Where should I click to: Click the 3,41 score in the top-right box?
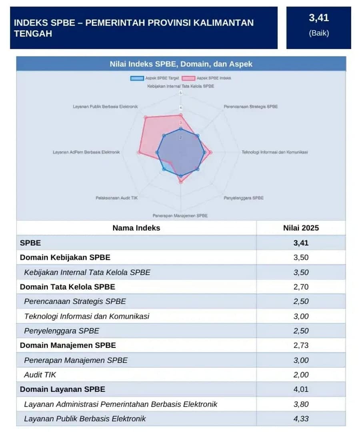point(318,18)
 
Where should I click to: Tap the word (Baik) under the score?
point(318,33)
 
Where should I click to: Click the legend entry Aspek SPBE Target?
point(154,78)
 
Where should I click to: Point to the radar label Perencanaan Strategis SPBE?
point(250,107)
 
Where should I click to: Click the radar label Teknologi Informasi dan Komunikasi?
point(274,152)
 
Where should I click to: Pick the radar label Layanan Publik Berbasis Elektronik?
point(105,107)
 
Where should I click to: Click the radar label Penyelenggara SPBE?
point(244,198)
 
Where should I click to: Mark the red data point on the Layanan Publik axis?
point(146,118)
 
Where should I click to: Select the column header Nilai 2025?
point(301,228)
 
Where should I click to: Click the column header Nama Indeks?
point(136,228)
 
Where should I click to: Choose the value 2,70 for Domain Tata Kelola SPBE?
point(301,287)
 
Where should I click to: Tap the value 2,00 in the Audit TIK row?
point(301,375)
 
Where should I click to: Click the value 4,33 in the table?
point(301,419)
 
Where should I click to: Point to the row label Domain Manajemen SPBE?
point(68,345)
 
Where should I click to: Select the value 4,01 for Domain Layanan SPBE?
point(301,389)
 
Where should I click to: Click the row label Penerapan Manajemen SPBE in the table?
point(76,360)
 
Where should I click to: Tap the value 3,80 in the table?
point(301,404)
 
